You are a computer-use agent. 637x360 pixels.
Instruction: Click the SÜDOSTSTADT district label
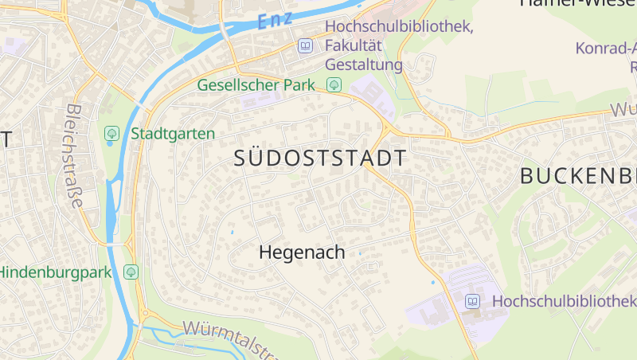tap(320, 158)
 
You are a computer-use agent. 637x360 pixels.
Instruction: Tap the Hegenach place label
tap(302, 252)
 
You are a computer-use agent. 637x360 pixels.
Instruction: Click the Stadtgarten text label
tap(173, 133)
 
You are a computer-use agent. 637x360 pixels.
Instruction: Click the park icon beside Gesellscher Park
tap(334, 84)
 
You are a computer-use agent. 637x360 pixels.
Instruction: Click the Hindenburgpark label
tap(55, 272)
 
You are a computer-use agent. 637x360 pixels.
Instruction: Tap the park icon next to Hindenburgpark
tap(131, 272)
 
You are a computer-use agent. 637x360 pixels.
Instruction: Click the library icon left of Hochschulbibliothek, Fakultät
tap(305, 46)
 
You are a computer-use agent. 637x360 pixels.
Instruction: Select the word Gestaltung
tap(364, 65)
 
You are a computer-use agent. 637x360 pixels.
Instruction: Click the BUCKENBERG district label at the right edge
tap(578, 177)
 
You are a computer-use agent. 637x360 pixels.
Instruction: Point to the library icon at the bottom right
tap(472, 301)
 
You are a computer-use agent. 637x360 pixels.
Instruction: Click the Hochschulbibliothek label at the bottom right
tap(564, 301)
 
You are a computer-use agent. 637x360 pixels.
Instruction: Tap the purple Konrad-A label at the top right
tap(606, 48)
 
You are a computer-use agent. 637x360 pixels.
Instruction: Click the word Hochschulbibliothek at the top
tap(399, 28)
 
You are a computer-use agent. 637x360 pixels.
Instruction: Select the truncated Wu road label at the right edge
tap(623, 110)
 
